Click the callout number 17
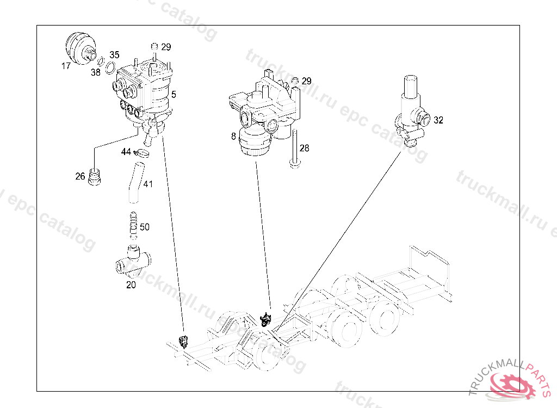66,66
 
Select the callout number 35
114,55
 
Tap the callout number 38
96,72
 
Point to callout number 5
174,94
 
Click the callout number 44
126,151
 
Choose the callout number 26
81,176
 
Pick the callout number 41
148,184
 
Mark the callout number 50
145,227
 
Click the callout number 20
131,284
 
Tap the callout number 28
305,148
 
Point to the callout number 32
438,120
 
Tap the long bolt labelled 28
294,150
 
